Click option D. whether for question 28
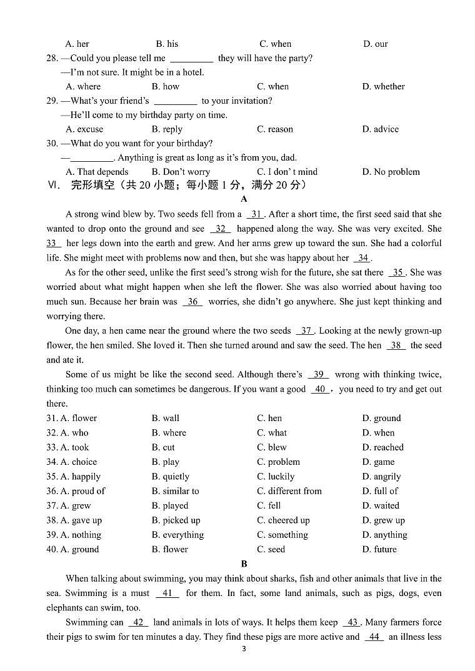pos(383,87)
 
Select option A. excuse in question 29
pos(84,129)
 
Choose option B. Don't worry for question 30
pos(181,172)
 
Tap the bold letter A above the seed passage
pos(244,199)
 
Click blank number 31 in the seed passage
pos(256,214)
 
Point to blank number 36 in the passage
pos(193,302)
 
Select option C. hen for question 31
pos(269,419)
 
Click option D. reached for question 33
pos(382,447)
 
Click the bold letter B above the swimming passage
pos(244,564)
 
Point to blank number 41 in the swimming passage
pos(167,594)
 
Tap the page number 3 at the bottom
pos(244,649)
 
